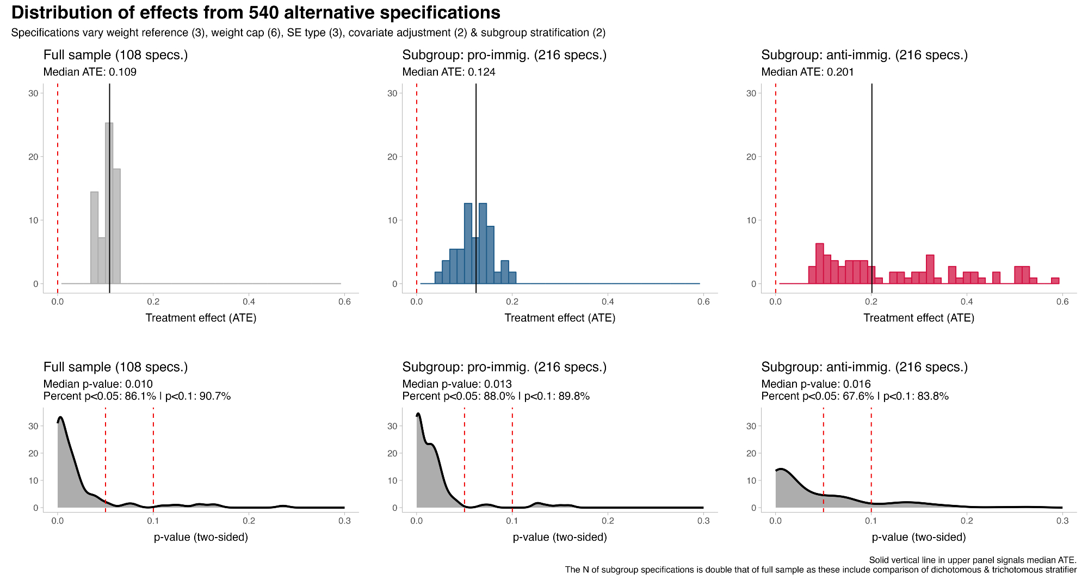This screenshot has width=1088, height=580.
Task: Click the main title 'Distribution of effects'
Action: pyautogui.click(x=256, y=13)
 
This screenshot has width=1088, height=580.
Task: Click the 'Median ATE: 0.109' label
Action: pyautogui.click(x=90, y=72)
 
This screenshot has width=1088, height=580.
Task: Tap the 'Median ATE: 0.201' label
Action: pyautogui.click(x=807, y=72)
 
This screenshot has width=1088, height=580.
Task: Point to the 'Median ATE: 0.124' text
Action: pyautogui.click(x=449, y=72)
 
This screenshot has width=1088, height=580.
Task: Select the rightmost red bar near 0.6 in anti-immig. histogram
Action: pyautogui.click(x=1055, y=281)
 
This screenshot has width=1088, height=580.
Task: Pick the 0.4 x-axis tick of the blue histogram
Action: pyautogui.click(x=608, y=301)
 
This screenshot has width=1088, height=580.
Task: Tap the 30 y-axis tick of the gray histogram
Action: pyautogui.click(x=34, y=93)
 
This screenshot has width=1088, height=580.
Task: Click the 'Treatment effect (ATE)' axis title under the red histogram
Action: pyautogui.click(x=918, y=318)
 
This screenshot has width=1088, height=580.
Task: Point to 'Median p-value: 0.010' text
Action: pyautogui.click(x=98, y=384)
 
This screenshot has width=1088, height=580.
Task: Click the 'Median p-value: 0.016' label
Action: pyautogui.click(x=816, y=384)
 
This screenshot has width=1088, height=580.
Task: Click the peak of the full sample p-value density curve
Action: pyautogui.click(x=60, y=418)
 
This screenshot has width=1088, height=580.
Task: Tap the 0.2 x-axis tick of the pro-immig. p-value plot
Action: pyautogui.click(x=608, y=521)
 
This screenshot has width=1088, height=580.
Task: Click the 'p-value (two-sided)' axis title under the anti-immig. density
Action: pyautogui.click(x=918, y=537)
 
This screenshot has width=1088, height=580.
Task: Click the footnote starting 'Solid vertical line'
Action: pyautogui.click(x=972, y=560)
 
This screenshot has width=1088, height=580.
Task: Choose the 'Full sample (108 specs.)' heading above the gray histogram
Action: pyautogui.click(x=115, y=55)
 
